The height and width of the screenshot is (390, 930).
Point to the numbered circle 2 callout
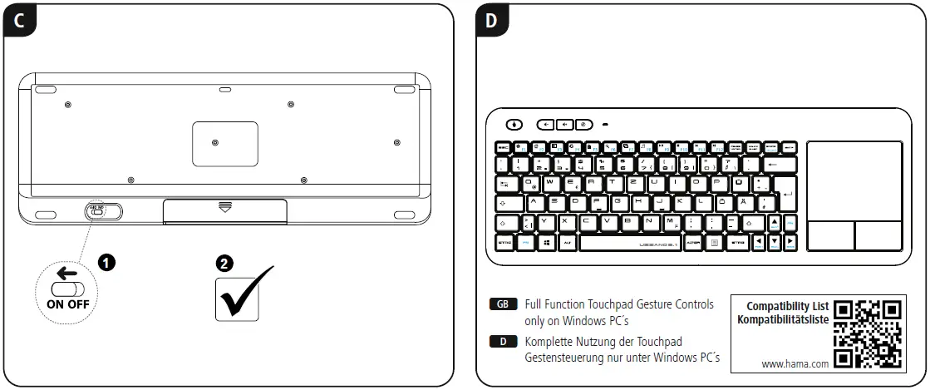coord(224,263)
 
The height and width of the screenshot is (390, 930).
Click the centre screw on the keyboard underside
coord(215,143)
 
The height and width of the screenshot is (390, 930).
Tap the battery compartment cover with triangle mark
coord(225,210)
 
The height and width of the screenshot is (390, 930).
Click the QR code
coord(868,333)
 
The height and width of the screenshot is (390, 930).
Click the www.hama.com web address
coord(795,363)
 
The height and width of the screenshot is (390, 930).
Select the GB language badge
coord(503,304)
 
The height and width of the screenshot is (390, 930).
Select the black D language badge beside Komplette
coord(503,341)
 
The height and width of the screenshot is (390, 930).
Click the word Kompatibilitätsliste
coord(783,319)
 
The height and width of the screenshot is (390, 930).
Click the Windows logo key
coord(547,243)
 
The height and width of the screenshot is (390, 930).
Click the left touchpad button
coord(829,235)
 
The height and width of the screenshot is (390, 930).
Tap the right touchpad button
coord(878,235)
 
